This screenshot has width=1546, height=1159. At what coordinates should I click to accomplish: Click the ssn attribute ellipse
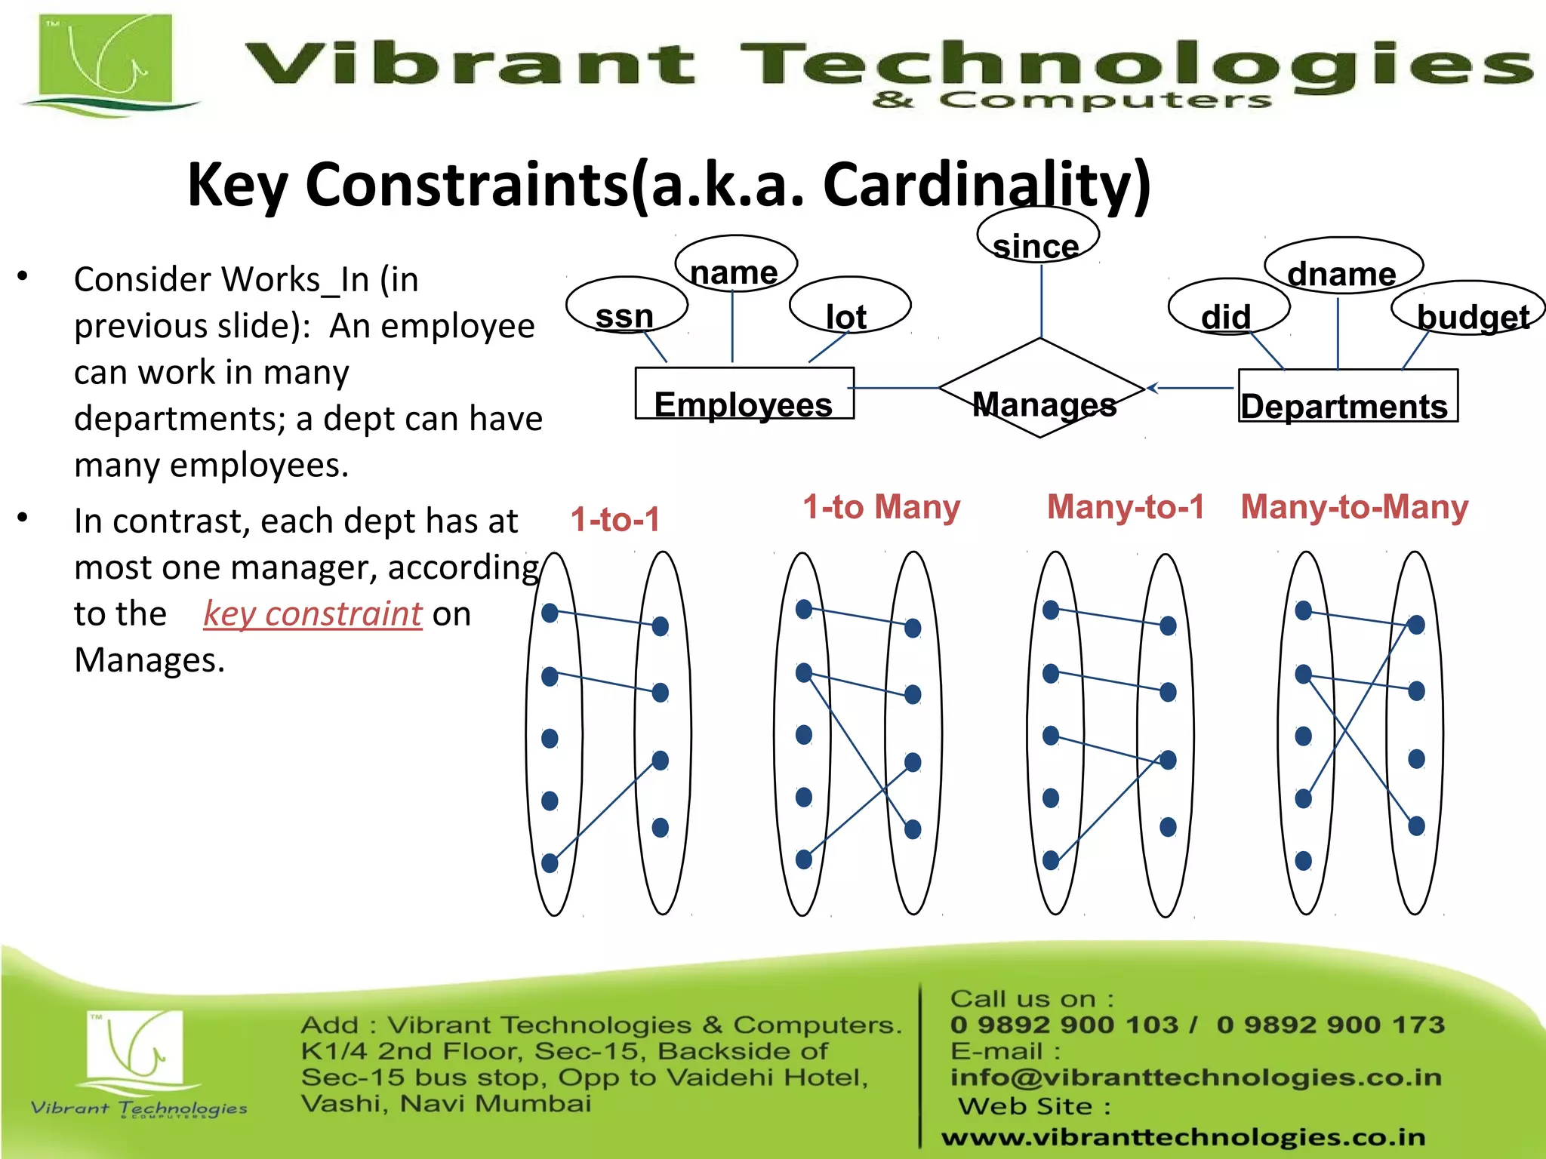coord(626,306)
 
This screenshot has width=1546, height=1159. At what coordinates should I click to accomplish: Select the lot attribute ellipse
coord(849,306)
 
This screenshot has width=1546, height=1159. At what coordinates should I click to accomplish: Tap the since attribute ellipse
coord(1037,236)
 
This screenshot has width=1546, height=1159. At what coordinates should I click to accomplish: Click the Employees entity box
coord(744,394)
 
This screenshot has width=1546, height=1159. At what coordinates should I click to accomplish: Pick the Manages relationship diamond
coord(1041,389)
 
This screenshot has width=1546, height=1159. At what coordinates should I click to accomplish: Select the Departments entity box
coord(1347,396)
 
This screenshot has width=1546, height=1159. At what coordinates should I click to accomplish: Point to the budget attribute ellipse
coord(1468,309)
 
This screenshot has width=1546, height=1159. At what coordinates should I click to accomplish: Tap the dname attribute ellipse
coord(1343,264)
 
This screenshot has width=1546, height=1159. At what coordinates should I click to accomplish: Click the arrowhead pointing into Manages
coord(1152,388)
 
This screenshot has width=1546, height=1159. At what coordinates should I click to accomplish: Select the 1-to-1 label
coord(615,520)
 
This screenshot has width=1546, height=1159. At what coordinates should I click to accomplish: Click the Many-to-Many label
coord(1354,507)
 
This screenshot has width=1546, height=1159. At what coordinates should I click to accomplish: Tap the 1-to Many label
coord(881,507)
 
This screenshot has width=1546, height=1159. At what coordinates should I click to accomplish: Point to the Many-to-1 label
coord(1125,507)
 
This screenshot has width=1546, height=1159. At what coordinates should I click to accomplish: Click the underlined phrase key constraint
coord(313,614)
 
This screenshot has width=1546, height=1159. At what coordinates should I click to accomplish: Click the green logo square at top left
coord(106,60)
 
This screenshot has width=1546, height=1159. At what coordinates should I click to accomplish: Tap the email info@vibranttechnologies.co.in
coord(1196,1078)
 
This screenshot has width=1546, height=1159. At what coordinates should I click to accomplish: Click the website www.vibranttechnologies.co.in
coord(1183,1137)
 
